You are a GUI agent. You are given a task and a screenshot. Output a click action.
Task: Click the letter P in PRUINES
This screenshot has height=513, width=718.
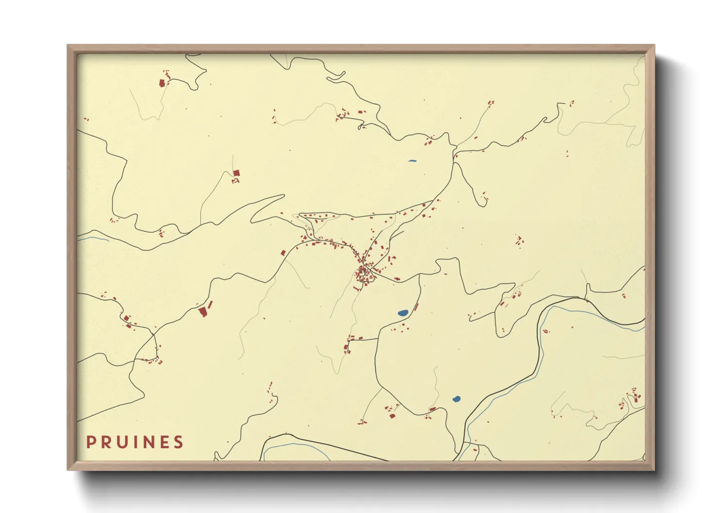tap(90, 442)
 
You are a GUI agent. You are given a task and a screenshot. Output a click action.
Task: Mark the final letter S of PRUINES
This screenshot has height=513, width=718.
tap(179, 442)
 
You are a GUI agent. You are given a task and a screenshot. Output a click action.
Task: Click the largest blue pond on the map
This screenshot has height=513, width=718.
tap(403, 313)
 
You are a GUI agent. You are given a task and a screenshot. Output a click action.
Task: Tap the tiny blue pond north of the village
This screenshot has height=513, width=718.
tap(412, 161)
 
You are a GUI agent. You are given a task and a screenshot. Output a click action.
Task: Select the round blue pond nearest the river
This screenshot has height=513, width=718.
tap(456, 399)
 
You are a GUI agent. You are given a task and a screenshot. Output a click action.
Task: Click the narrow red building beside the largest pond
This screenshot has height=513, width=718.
tap(416, 307)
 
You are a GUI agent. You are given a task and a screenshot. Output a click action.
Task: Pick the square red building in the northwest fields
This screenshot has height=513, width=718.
tap(236, 173)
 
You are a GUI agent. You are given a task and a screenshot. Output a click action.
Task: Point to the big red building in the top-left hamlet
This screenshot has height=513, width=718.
tap(162, 83)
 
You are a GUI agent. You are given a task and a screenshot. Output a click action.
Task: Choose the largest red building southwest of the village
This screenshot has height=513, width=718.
tap(203, 311)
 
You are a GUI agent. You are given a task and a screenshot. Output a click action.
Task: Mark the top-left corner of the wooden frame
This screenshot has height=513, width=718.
tap(68, 46)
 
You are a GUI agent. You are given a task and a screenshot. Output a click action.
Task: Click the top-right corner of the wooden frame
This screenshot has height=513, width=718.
tap(654, 46)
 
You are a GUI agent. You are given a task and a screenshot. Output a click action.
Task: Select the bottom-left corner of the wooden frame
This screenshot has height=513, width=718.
tap(68, 469)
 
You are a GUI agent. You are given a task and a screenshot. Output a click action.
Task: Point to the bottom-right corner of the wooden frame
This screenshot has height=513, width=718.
tap(654, 469)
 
